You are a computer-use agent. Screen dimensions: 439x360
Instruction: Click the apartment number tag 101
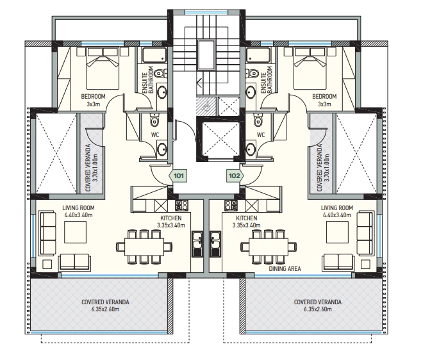(178, 176)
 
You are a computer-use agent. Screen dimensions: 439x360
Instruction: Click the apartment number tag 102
(235, 176)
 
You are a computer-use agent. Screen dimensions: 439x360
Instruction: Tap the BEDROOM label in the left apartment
(93, 97)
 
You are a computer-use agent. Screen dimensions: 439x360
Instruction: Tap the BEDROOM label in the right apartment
(324, 97)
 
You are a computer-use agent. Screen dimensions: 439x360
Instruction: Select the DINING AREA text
(285, 269)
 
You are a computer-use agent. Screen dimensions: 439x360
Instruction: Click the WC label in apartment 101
(155, 135)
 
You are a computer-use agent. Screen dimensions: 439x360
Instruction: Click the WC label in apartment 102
(261, 135)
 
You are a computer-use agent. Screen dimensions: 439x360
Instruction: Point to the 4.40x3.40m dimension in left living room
(78, 215)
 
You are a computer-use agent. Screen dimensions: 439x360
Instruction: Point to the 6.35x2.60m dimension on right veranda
(318, 309)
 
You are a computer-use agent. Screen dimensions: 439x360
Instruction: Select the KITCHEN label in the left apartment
(171, 218)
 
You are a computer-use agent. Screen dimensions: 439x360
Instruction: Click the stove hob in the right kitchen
(231, 206)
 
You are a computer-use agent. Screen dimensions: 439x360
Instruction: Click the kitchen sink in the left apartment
(197, 244)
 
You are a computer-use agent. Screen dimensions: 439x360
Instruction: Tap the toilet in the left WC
(154, 120)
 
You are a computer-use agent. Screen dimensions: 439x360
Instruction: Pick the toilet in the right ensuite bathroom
(252, 73)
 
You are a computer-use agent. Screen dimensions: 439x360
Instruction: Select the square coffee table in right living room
(337, 232)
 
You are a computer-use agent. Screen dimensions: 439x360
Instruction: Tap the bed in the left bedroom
(103, 69)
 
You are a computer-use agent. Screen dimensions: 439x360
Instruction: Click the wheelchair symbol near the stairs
(206, 106)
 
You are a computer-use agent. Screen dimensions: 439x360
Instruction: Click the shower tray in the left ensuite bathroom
(154, 55)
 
